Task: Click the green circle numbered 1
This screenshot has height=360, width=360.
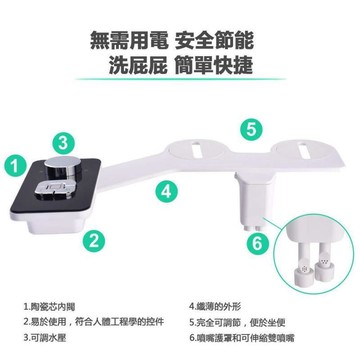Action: coord(14,166)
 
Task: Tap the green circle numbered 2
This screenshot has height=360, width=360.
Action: coord(94,241)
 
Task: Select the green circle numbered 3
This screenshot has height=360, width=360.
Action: coord(63,144)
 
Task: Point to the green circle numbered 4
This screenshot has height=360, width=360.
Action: coord(166,192)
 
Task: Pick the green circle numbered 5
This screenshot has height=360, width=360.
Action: coord(251,129)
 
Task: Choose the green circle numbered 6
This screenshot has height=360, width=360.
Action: coord(257,244)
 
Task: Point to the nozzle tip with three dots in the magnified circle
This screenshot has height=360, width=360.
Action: coord(323,265)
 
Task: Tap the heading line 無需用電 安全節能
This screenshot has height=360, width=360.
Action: coord(172,40)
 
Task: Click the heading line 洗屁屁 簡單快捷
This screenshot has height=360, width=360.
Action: coord(181,64)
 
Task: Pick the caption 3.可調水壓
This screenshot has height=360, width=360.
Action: coord(45,338)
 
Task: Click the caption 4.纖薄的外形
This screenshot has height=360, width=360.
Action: coord(215,307)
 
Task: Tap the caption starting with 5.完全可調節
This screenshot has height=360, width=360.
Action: coord(237,322)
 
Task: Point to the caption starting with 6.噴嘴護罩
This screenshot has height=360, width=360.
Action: coord(242,338)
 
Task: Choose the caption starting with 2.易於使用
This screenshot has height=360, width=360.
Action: coord(94,322)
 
